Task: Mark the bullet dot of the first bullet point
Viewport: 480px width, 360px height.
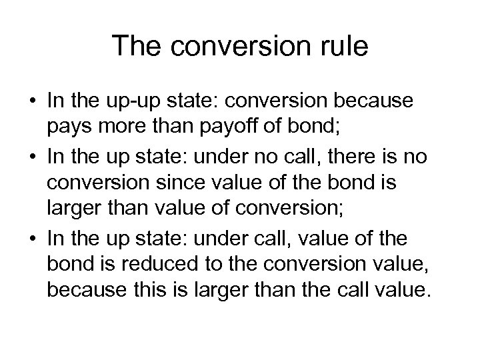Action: [31, 101]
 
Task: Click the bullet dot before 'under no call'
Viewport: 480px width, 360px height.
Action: [31, 157]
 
